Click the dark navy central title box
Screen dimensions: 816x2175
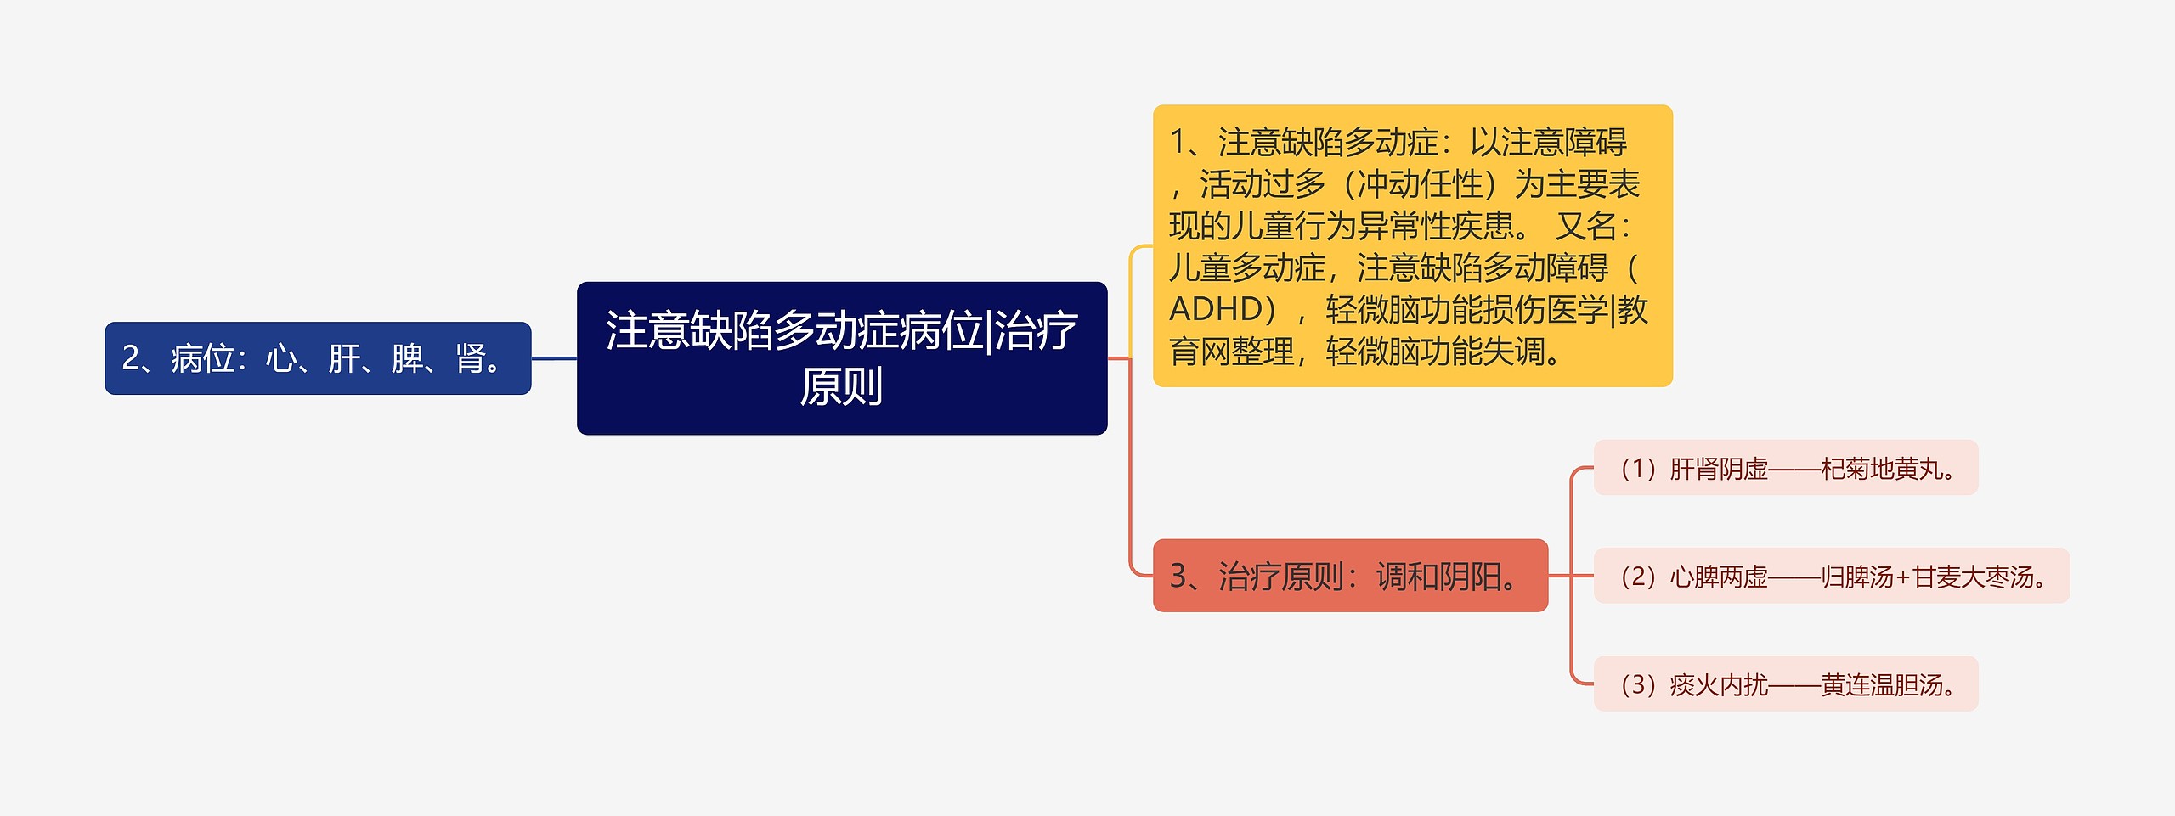(841, 357)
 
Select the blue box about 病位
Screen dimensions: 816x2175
(318, 357)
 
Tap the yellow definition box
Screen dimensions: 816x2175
(1411, 245)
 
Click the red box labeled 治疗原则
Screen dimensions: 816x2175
(1349, 576)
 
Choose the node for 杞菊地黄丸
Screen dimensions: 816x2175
(1785, 468)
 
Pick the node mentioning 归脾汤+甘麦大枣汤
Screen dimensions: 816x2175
(1831, 577)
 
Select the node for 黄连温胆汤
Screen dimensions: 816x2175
(1785, 684)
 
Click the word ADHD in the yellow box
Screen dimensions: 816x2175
(1216, 309)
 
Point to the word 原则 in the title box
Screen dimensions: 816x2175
(841, 386)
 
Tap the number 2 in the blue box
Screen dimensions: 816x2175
(130, 358)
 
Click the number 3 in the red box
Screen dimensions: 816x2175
(1178, 577)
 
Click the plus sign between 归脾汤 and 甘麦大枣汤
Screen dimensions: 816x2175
(1902, 577)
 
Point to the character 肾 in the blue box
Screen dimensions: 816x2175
(470, 358)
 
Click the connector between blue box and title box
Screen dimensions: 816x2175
(554, 358)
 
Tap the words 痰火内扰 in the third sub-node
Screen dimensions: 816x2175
(1718, 685)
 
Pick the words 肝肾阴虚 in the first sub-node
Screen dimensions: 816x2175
(1718, 469)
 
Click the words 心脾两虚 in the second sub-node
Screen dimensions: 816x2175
(1718, 577)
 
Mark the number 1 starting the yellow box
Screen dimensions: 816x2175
(1178, 143)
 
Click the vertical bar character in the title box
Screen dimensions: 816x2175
(988, 330)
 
